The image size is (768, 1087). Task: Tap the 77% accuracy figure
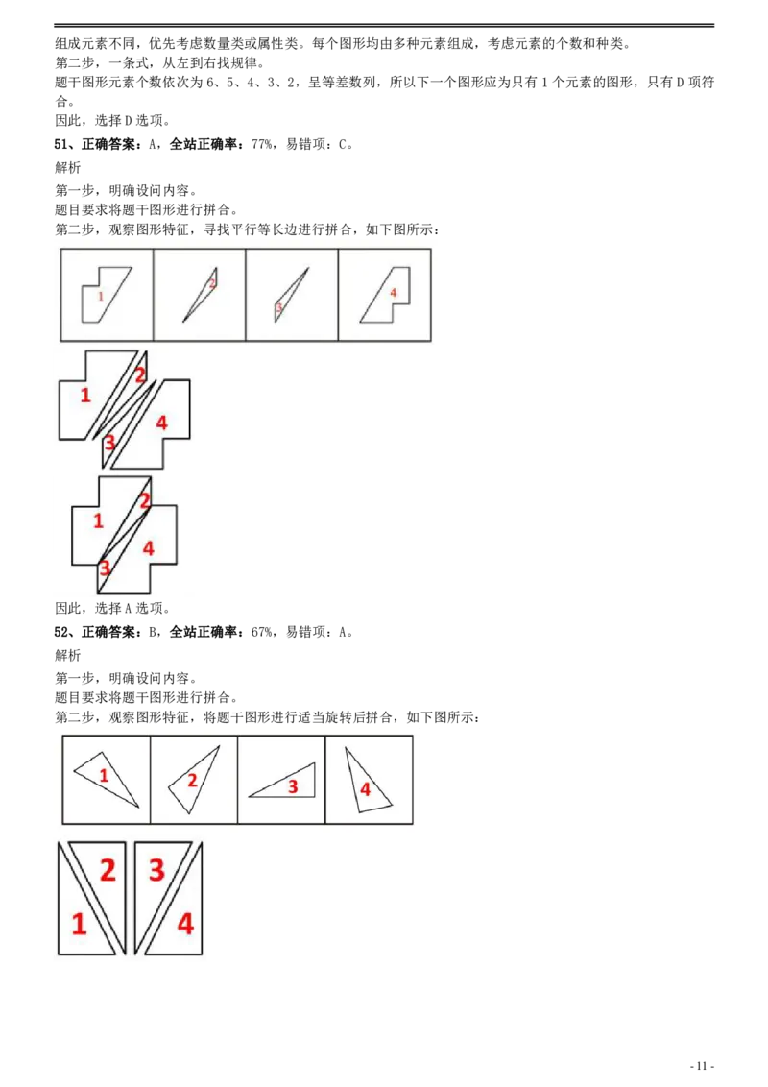262,144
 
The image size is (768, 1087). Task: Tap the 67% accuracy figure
262,632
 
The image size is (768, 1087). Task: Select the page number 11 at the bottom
702,1066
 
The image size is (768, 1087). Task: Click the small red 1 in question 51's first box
101,296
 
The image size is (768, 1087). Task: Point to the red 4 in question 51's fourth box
393,293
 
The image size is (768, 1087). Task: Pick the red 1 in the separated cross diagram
85,396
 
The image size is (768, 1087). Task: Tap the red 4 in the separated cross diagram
161,423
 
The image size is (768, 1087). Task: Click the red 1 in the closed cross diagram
98,520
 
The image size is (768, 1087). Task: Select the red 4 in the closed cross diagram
149,548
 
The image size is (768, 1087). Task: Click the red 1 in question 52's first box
104,774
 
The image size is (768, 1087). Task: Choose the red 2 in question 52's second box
193,780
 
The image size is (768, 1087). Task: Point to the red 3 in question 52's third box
293,786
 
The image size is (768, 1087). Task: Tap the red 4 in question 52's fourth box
366,789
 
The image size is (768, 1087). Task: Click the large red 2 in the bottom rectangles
108,869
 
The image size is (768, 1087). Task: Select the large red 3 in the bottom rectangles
156,869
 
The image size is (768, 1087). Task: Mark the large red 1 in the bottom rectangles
79,924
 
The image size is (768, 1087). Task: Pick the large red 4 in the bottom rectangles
185,924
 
